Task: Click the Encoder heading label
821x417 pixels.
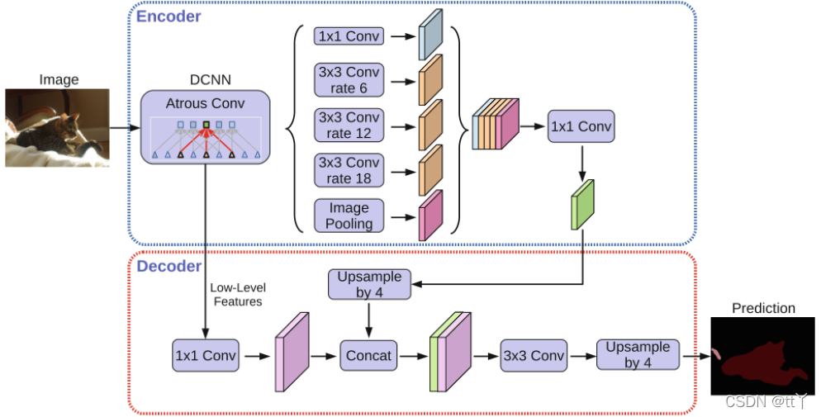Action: [168, 16]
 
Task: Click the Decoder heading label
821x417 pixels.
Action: [168, 266]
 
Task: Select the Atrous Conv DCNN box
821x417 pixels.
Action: [206, 126]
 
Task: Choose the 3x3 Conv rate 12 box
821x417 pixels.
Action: [349, 126]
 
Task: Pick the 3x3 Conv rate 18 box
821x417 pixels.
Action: [349, 170]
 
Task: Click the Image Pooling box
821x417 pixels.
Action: [349, 215]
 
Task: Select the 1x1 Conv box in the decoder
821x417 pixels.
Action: [205, 356]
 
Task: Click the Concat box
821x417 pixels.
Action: [368, 356]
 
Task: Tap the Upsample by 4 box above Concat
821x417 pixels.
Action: [369, 284]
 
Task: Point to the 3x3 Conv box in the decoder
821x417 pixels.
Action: [534, 356]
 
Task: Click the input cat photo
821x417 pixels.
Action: [58, 128]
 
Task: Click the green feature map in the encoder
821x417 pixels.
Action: [583, 206]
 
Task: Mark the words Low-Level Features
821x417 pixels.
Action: [238, 295]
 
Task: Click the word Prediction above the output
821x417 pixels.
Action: [763, 308]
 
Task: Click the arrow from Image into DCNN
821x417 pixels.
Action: [124, 128]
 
